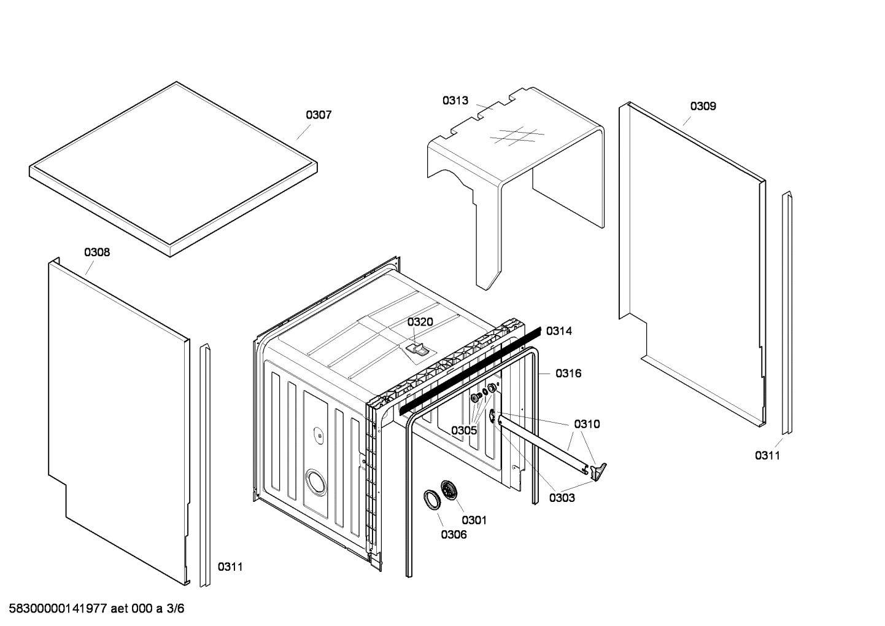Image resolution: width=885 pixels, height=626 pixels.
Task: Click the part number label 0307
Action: click(x=319, y=115)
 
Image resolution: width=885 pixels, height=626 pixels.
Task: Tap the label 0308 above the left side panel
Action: click(x=97, y=252)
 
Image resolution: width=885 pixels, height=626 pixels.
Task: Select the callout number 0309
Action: click(x=703, y=106)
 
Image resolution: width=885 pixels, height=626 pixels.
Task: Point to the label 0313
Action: click(x=455, y=101)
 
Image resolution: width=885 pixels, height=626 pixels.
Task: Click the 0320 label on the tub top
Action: click(x=420, y=322)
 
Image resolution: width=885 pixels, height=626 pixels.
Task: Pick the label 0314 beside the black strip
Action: click(x=558, y=331)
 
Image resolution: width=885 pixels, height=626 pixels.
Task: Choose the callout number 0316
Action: click(x=568, y=373)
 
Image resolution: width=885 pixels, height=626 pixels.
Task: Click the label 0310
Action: click(x=587, y=424)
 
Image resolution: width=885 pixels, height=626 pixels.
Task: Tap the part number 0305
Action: click(x=464, y=430)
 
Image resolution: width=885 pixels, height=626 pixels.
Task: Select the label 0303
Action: click(x=562, y=498)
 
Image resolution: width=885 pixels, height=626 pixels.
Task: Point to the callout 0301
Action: click(x=474, y=520)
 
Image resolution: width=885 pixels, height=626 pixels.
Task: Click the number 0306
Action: click(x=454, y=534)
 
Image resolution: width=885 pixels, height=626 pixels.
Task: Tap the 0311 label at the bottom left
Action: click(x=230, y=566)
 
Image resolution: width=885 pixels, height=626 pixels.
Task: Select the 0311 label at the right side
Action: click(x=767, y=455)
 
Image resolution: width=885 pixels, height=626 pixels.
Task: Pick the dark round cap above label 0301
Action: click(x=450, y=491)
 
